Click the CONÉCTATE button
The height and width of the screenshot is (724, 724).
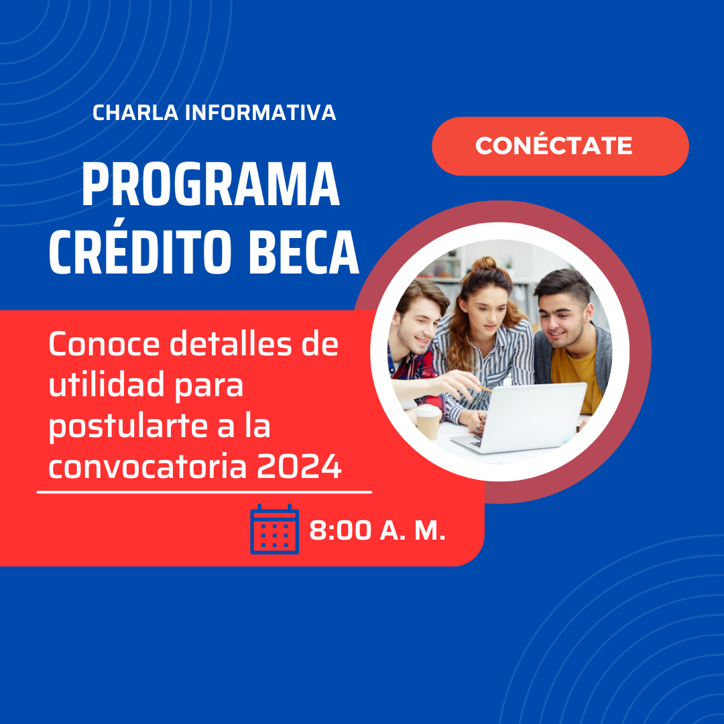[560, 146]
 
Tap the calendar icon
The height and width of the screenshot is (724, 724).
[274, 530]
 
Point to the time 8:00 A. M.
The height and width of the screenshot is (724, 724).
[377, 531]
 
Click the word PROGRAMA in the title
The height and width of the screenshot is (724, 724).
[210, 186]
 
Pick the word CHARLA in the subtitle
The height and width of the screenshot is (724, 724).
[135, 113]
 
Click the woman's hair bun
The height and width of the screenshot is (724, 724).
[484, 263]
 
